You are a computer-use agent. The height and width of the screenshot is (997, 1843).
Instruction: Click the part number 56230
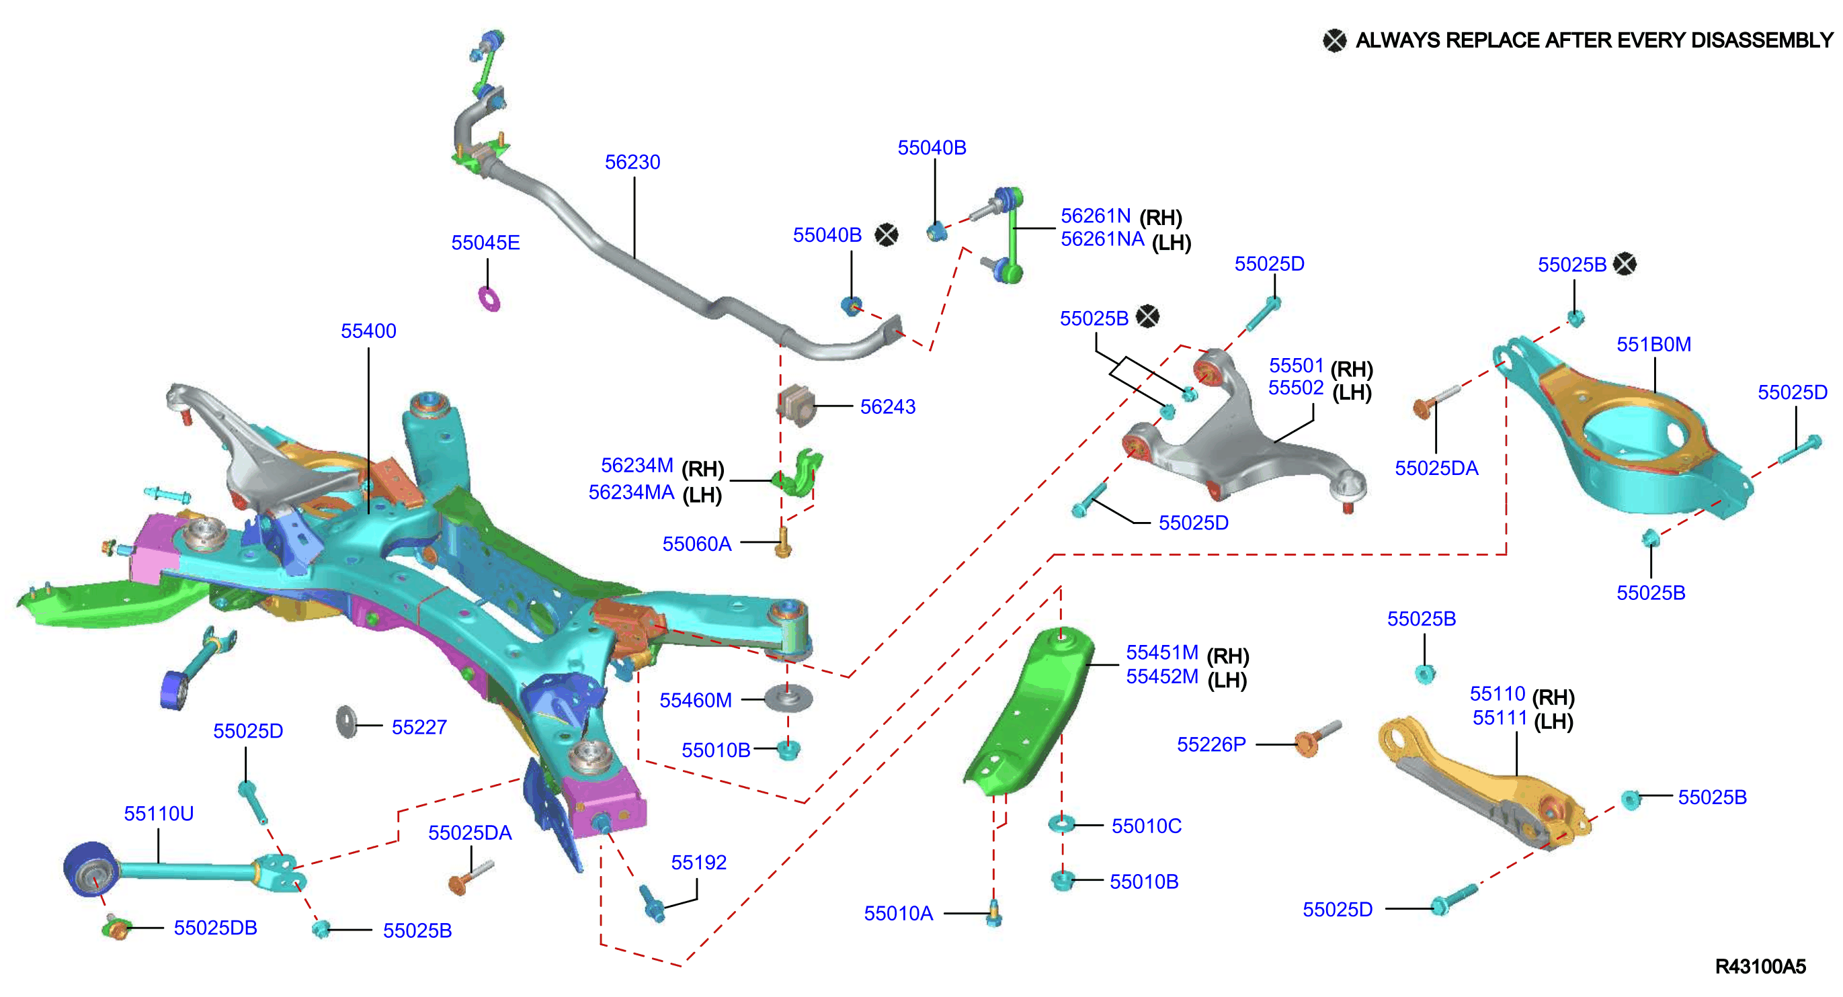[632, 163]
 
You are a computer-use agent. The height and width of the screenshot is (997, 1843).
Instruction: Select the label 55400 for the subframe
[368, 331]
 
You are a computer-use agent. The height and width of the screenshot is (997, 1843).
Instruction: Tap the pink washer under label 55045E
[489, 298]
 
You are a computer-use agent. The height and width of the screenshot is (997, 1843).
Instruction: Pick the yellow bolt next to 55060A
[784, 542]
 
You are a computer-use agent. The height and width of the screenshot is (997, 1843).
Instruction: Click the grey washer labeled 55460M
[788, 697]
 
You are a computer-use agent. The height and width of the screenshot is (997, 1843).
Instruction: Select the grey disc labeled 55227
[346, 722]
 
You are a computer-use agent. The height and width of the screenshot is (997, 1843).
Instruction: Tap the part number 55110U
[159, 814]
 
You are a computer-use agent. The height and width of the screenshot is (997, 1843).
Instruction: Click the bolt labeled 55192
[653, 904]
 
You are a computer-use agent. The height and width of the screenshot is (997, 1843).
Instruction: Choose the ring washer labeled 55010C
[1062, 824]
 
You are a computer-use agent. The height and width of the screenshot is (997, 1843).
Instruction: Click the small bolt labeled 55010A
[994, 913]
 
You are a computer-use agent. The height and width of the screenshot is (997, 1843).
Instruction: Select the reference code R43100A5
[1761, 967]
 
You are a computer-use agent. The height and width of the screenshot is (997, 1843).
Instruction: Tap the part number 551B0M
[1654, 345]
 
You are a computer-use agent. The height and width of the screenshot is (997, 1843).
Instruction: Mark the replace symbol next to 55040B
[887, 234]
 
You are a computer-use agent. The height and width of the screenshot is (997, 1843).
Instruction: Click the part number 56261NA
[1102, 240]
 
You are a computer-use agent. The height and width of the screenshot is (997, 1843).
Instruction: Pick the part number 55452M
[1162, 677]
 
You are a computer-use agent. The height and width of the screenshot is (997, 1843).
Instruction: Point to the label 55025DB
[215, 928]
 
